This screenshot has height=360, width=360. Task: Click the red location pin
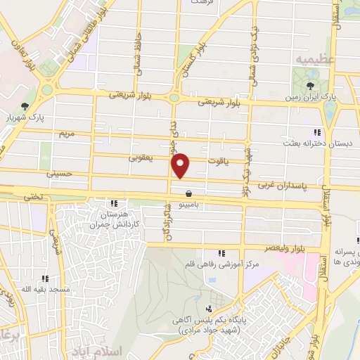[x=181, y=165]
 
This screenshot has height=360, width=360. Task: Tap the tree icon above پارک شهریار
[x=25, y=105]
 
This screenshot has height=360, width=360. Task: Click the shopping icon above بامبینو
[x=188, y=193]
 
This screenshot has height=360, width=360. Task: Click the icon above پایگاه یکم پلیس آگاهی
[x=208, y=309]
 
